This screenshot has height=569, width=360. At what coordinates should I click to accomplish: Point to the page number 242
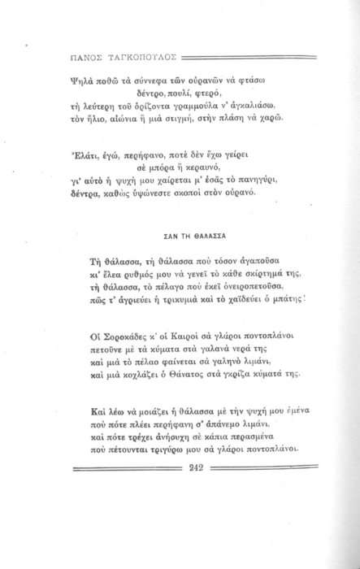coord(195,467)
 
